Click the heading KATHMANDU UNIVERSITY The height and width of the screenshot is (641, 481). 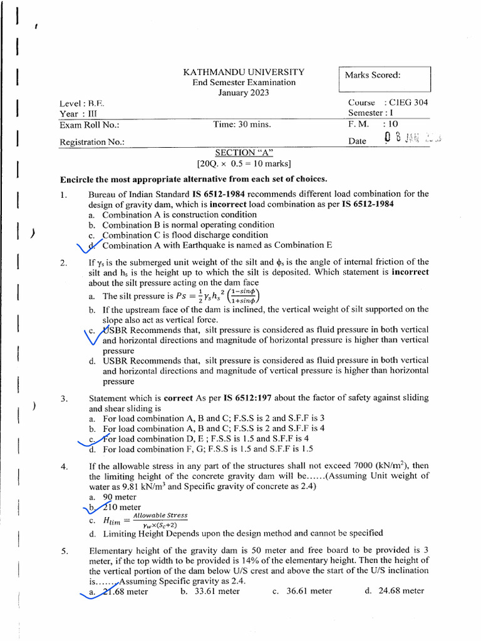(x=244, y=72)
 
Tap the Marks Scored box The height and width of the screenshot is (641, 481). (x=385, y=79)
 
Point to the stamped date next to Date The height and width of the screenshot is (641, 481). (x=413, y=138)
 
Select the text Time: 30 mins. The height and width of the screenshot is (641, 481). (x=242, y=124)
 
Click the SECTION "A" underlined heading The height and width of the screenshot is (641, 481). (x=244, y=153)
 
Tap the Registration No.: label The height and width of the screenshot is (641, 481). (x=92, y=142)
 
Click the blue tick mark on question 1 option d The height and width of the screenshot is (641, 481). (x=91, y=245)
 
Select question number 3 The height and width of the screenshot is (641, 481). (x=64, y=398)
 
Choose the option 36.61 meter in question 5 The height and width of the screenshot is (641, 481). (x=303, y=590)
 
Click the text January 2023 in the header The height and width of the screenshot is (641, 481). (x=244, y=93)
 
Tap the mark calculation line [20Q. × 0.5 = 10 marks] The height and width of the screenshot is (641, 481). (x=244, y=164)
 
